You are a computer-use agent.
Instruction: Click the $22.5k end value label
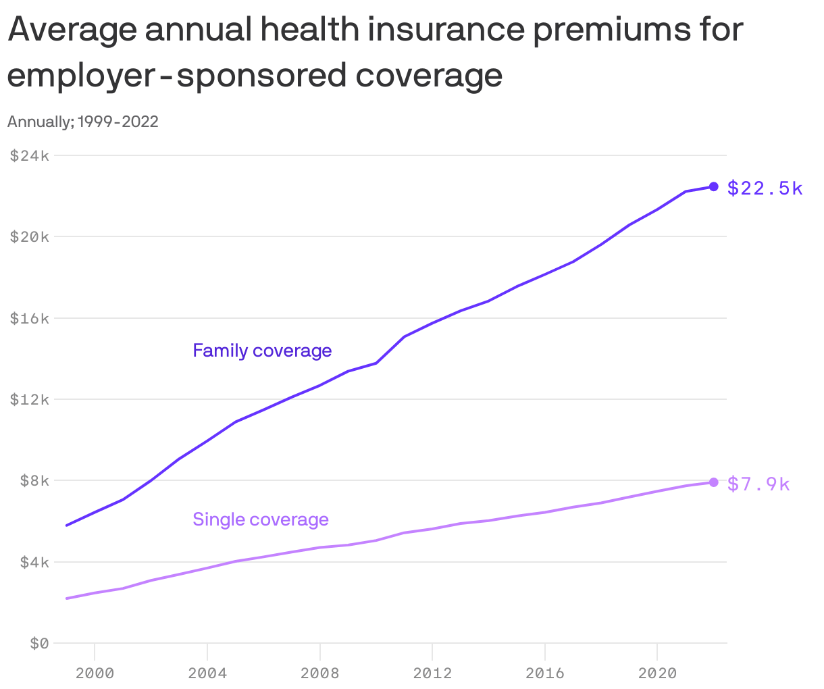point(765,188)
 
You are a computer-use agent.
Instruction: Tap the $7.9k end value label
point(758,484)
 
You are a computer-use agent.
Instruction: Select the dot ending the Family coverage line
point(713,186)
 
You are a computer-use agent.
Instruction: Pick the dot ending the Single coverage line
point(713,482)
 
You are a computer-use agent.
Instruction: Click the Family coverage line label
point(262,351)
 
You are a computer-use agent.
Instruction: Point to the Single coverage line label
point(261,519)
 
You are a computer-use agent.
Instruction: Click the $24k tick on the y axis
point(30,155)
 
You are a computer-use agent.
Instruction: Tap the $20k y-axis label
point(30,236)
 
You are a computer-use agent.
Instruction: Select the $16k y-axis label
point(30,318)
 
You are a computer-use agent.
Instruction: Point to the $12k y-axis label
point(30,399)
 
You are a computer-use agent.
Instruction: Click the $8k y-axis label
point(33,480)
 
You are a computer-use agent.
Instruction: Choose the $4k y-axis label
point(33,562)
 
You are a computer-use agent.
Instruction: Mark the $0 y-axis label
point(39,644)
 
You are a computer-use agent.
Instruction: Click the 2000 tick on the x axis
point(95,673)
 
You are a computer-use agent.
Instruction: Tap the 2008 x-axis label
point(319,673)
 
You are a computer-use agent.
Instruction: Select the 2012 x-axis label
point(432,673)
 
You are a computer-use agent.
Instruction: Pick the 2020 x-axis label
point(657,673)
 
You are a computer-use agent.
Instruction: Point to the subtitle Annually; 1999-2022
point(83,122)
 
